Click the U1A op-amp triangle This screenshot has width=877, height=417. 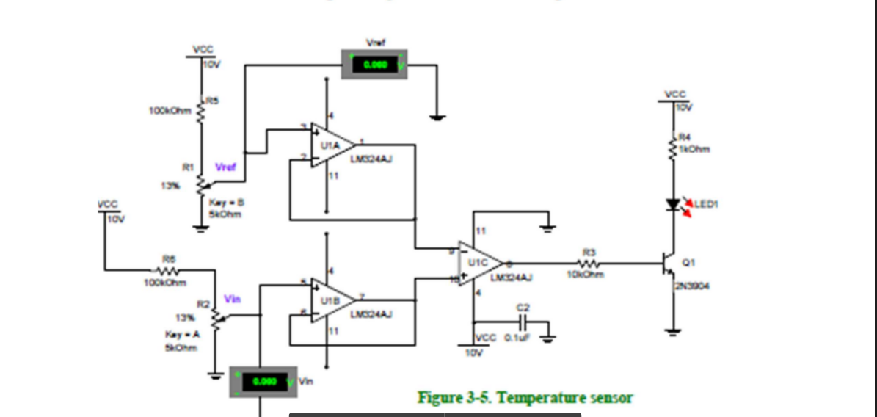click(x=331, y=144)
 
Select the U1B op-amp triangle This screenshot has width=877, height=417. click(x=331, y=300)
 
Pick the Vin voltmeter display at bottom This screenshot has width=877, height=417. click(x=263, y=382)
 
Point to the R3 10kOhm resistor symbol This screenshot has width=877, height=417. click(x=592, y=263)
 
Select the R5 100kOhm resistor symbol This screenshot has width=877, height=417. click(x=202, y=109)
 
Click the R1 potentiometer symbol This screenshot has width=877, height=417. click(x=202, y=186)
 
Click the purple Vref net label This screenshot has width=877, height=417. click(x=225, y=167)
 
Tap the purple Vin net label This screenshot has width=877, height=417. click(x=232, y=299)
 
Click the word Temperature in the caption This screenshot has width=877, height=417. click(x=535, y=398)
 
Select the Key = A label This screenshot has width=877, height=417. click(x=179, y=334)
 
